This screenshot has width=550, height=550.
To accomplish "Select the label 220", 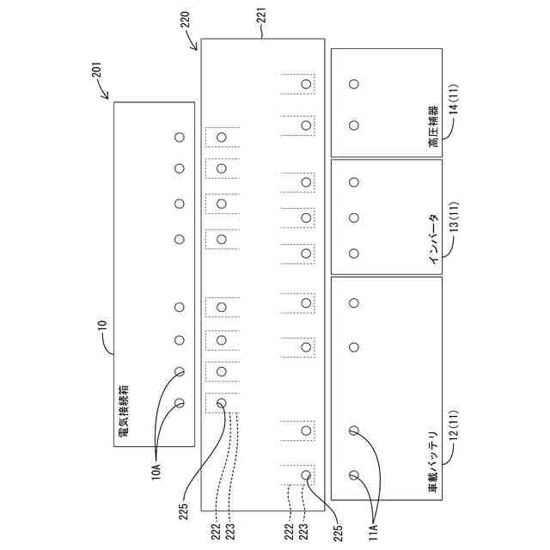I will [x=190, y=26].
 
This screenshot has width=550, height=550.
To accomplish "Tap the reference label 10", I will [x=102, y=326].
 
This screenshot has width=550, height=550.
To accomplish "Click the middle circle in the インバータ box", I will [x=353, y=217].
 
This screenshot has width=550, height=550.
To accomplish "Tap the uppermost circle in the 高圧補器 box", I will [x=353, y=83].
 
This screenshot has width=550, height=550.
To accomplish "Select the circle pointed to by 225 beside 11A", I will [x=306, y=474].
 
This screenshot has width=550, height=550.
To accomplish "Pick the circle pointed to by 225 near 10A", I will [x=221, y=402].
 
